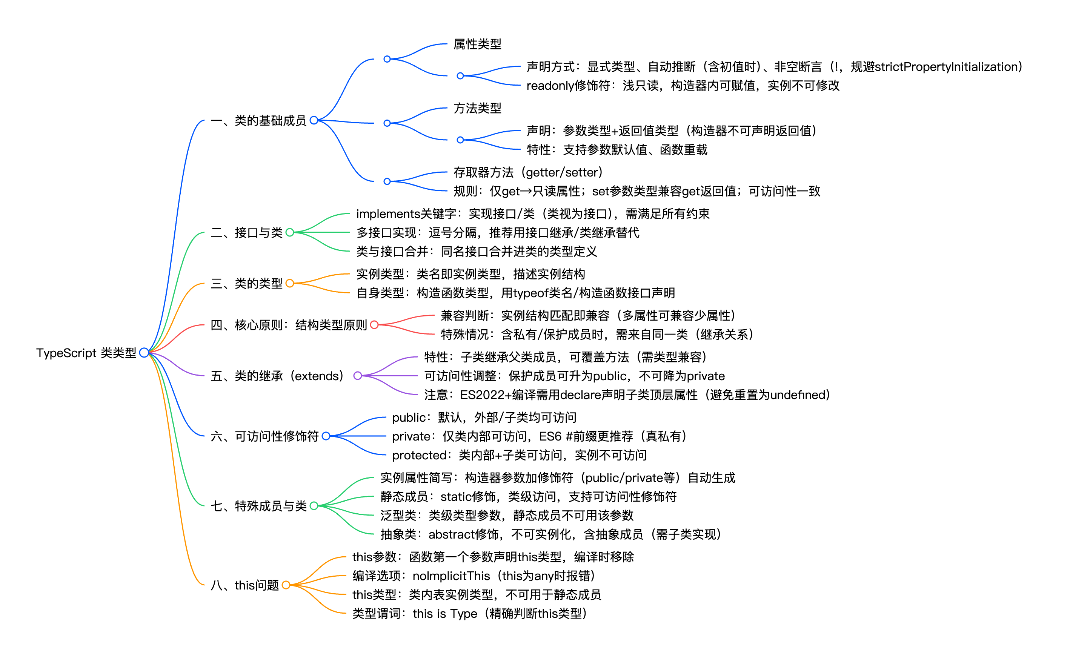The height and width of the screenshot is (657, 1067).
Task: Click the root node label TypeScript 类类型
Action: tap(86, 353)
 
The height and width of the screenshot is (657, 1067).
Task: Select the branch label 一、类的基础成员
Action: tap(258, 120)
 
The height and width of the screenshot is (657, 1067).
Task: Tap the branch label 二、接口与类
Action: tap(246, 232)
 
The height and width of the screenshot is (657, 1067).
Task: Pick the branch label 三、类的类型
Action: tap(246, 283)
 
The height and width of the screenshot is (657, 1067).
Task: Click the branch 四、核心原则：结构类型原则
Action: tap(289, 325)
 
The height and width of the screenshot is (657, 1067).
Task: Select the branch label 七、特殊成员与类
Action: tap(258, 506)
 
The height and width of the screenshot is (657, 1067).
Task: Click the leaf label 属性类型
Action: tap(477, 44)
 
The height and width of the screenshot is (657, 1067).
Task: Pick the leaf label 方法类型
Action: tap(477, 108)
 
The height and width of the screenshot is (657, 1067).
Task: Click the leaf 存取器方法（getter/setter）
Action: tap(527, 172)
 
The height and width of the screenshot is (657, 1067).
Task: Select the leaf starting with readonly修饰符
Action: tap(683, 86)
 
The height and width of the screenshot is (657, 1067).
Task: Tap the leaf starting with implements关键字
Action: tap(532, 214)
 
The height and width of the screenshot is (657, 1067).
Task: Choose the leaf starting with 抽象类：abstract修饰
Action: tap(550, 534)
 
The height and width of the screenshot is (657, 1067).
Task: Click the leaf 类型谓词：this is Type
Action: tap(469, 614)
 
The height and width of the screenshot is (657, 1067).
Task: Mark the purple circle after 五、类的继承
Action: tap(358, 376)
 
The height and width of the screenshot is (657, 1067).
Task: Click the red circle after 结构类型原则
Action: tap(374, 325)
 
